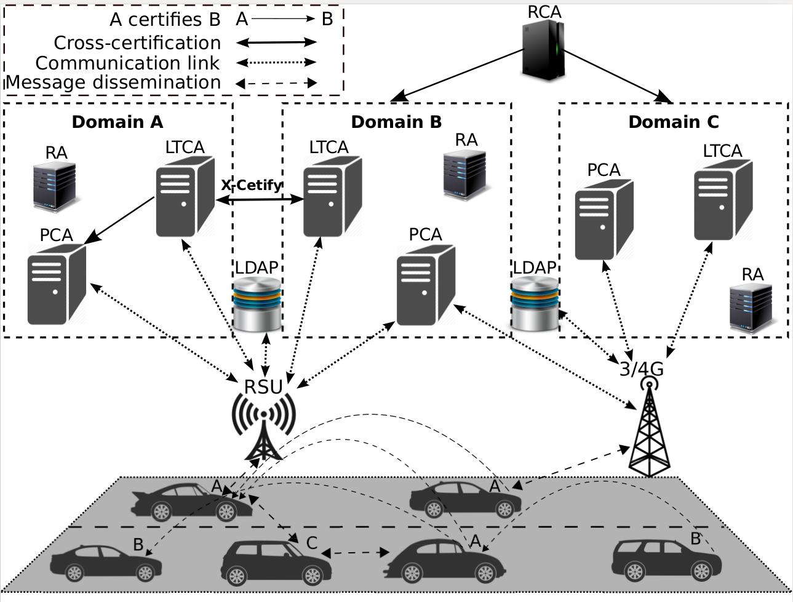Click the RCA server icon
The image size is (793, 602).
[x=543, y=50]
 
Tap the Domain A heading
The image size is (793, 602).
[x=118, y=122]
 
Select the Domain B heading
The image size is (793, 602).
[x=396, y=122]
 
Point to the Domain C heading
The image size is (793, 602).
[x=673, y=122]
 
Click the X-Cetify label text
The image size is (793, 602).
[x=252, y=185]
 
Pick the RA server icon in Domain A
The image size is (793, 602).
[x=55, y=186]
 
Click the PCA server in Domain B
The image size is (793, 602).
[x=426, y=284]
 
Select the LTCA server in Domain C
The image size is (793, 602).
[x=723, y=200]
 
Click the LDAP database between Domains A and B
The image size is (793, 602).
[x=257, y=304]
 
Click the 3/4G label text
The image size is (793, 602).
[x=641, y=369]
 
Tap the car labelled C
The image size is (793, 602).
[x=275, y=563]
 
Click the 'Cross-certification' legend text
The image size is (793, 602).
[x=137, y=42]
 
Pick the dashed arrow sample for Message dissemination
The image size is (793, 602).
[x=277, y=82]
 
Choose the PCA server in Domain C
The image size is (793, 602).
[x=604, y=220]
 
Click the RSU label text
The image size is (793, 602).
[x=263, y=387]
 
